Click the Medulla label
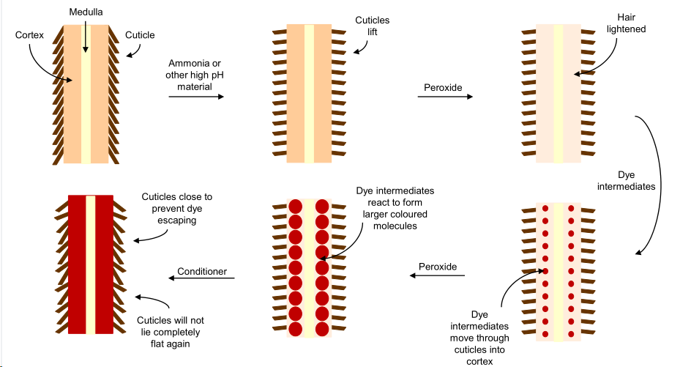tap(86, 13)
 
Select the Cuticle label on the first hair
tap(140, 34)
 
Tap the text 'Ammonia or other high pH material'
tap(194, 75)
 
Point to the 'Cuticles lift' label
tap(372, 27)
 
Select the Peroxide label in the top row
tap(444, 88)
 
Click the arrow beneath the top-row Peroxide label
tap(444, 96)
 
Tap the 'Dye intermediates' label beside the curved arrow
tap(635, 180)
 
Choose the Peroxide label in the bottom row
tap(437, 267)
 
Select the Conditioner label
tap(202, 272)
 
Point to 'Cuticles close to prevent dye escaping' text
tap(176, 208)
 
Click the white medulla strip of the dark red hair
tap(91, 264)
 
